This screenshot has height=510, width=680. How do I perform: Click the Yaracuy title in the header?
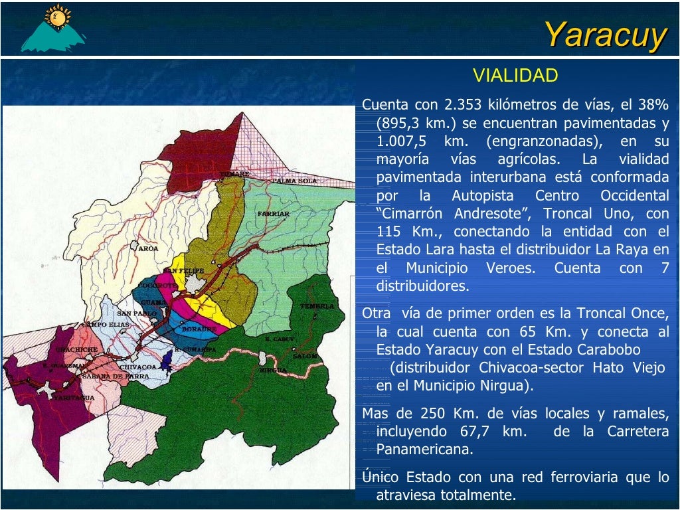(605, 34)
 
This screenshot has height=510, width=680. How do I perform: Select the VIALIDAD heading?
(515, 76)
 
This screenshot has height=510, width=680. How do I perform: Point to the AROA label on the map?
(147, 248)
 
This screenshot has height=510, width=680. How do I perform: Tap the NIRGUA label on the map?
(274, 370)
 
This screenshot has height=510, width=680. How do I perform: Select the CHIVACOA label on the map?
(137, 367)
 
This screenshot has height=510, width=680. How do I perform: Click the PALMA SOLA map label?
(294, 181)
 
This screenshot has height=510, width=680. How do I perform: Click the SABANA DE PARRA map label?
(106, 376)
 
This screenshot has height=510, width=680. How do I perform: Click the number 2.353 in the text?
(463, 104)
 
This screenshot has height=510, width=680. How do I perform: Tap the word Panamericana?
(424, 450)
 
